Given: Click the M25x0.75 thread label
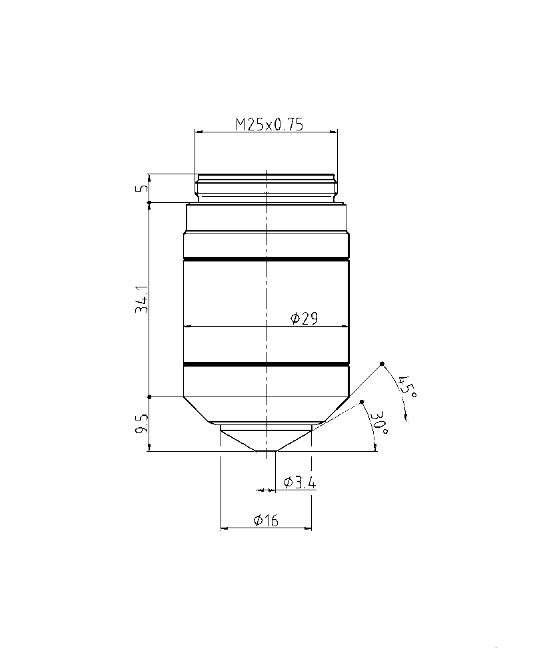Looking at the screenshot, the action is coord(269,124).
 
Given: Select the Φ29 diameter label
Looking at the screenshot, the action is coord(304,318).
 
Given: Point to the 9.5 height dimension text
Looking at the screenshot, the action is coord(142,424).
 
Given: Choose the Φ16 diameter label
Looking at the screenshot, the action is coord(266,520).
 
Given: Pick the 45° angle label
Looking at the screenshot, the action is coord(407,387).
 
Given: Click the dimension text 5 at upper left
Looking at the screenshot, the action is coord(143,188).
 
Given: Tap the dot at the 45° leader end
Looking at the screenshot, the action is coord(382,364).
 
